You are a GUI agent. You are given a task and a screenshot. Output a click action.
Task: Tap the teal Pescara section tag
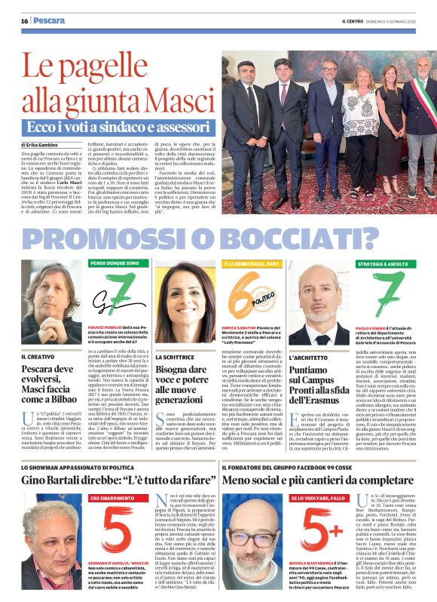(x=50, y=20)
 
